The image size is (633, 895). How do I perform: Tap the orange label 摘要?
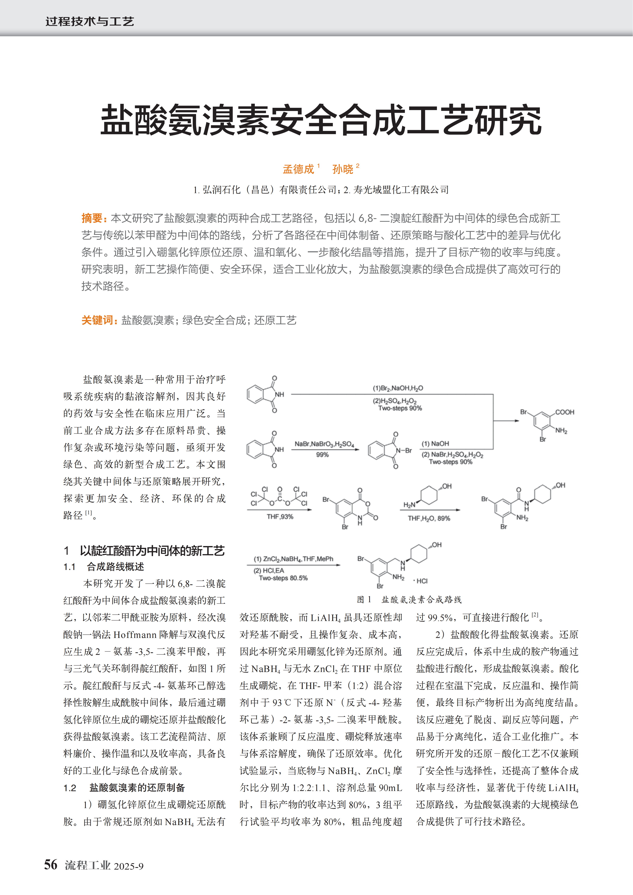pos(92,218)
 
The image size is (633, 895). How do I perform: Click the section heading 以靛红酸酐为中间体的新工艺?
pos(152,551)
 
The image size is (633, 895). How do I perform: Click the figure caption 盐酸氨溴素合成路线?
pos(421,599)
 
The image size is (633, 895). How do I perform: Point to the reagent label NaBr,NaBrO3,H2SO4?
pos(324,444)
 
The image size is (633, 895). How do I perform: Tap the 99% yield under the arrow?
pos(322,455)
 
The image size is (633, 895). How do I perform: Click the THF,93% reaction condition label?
pos(280,517)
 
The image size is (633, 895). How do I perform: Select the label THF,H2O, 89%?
pos(429,518)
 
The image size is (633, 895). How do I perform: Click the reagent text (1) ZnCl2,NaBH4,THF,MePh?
pos(293,559)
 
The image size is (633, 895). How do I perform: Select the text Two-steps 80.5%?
pos(283,578)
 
